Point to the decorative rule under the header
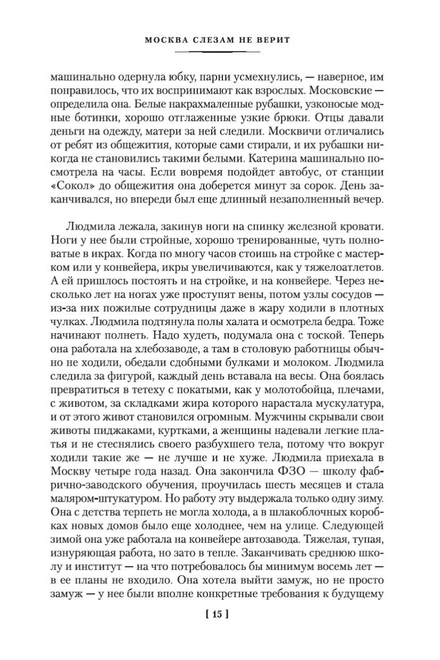[217, 52]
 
